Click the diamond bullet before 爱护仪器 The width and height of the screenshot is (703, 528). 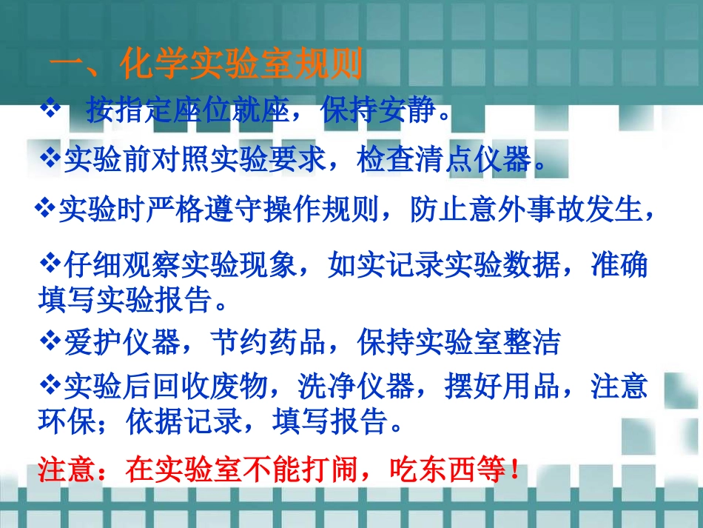[x=50, y=341]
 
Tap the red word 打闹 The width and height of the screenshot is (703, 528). [x=327, y=469]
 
